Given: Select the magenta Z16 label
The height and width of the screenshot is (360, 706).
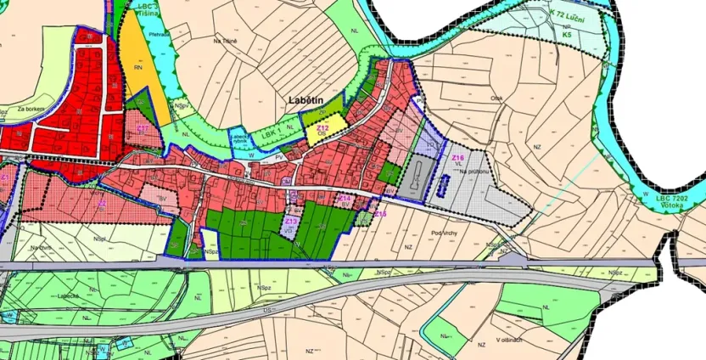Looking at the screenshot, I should pos(458,158).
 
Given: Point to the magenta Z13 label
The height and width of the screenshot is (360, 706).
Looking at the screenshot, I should pos(290,221).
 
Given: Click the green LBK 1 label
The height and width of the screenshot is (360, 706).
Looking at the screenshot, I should pos(271,134).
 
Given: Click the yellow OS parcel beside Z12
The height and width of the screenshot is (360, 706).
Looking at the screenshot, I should pos(328,135).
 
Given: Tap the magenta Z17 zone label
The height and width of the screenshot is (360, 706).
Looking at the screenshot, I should pos(143,128).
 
